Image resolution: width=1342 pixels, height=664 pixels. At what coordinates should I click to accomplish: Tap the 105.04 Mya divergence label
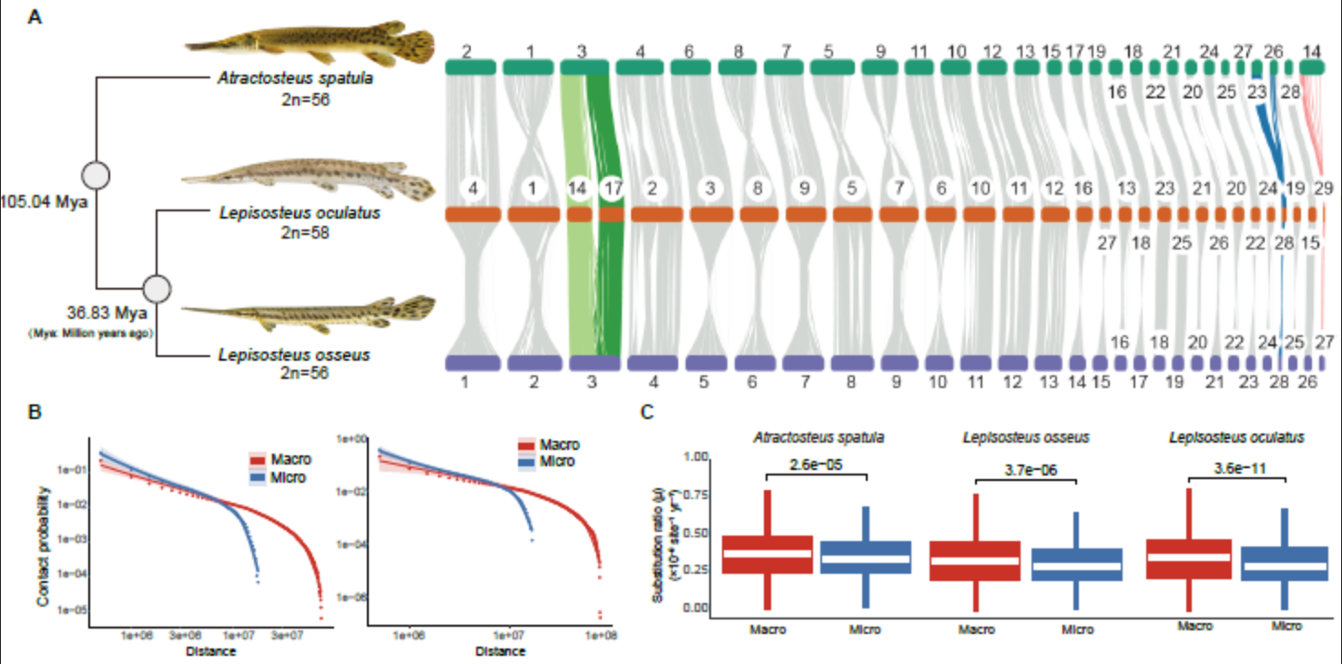[x=44, y=200]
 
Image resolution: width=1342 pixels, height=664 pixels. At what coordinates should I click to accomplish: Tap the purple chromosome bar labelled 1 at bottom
[x=473, y=363]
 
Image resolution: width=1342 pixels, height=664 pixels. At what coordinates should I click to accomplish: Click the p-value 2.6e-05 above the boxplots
[x=816, y=465]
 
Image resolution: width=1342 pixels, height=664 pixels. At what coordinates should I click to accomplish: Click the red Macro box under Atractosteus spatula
[x=767, y=554]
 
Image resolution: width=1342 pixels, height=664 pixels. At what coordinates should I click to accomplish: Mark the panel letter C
[x=646, y=413]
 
